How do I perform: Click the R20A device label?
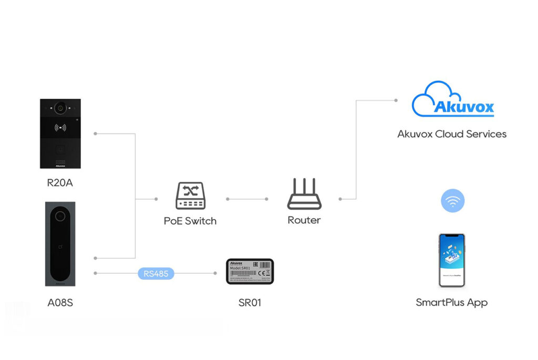(x=60, y=183)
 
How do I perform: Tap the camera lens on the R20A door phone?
(x=60, y=108)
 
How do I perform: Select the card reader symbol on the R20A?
(x=60, y=127)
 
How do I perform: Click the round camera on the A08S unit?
(x=60, y=216)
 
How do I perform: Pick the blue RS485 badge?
(x=156, y=273)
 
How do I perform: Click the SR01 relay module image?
(x=250, y=271)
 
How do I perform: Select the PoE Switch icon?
(x=190, y=196)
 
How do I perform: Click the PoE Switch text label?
(x=190, y=221)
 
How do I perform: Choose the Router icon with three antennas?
(x=304, y=194)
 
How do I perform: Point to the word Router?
(x=304, y=220)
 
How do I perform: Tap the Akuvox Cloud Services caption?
(x=452, y=134)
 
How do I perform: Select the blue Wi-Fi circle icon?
(x=452, y=200)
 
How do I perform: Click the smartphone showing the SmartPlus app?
(x=452, y=260)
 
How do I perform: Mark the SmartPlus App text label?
(x=452, y=302)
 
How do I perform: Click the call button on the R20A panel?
(x=60, y=148)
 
